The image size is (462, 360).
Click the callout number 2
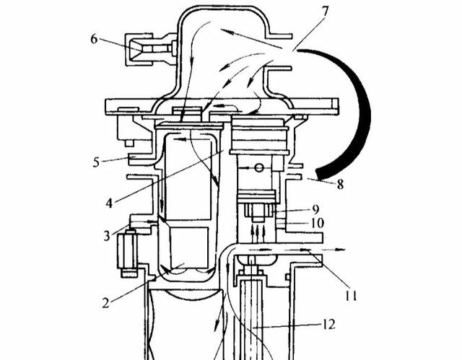[105, 302]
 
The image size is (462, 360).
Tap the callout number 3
[106, 235]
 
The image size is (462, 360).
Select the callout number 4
[108, 203]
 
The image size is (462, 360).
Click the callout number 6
[94, 39]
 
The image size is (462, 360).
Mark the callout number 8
[339, 184]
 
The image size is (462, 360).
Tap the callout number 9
[315, 209]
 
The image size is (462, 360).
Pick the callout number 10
[317, 224]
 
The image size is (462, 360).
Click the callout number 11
[352, 294]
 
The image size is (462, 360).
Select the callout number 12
[329, 325]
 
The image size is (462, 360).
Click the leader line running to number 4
[166, 177]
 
